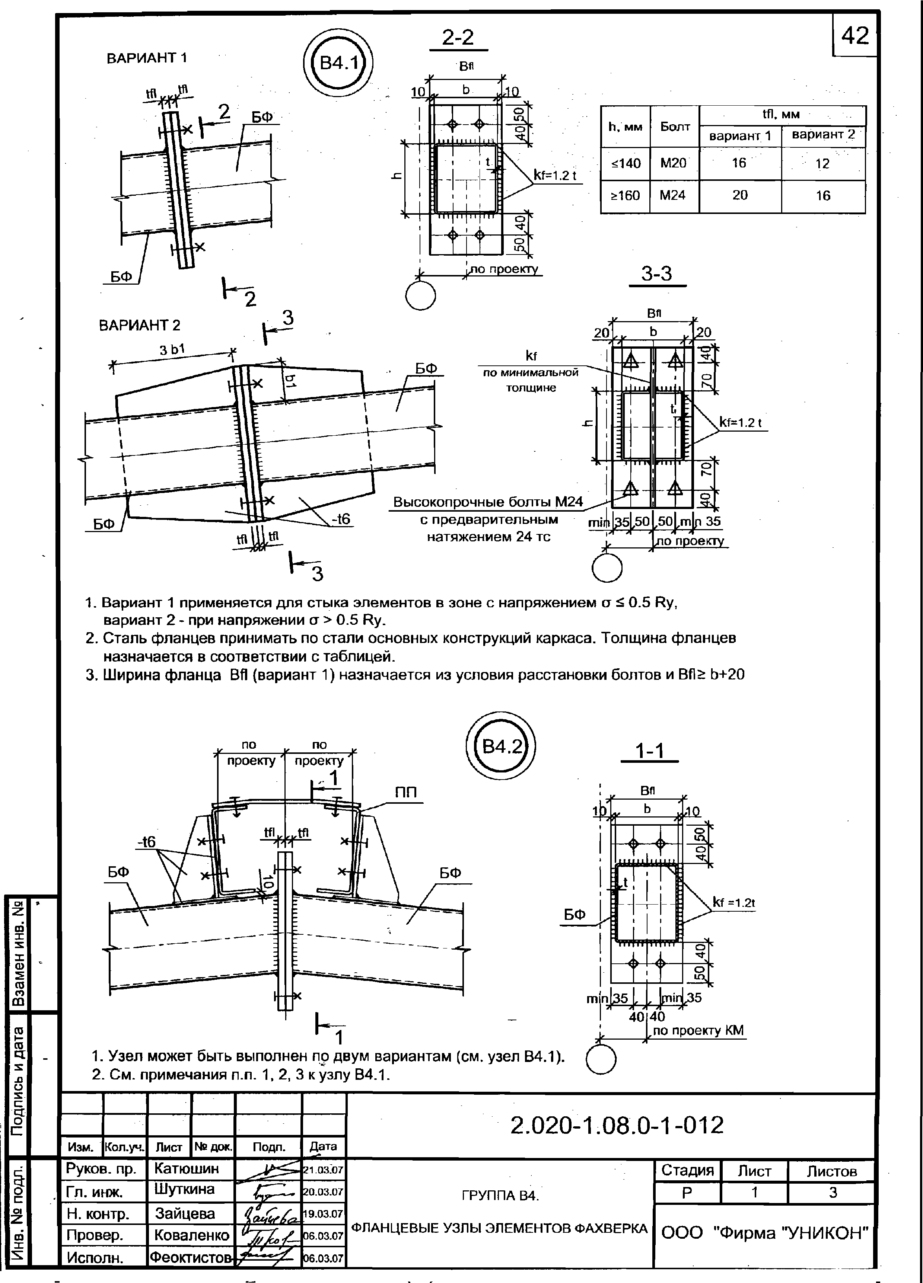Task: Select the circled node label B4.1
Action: click(339, 62)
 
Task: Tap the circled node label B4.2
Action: click(501, 747)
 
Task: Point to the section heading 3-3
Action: click(656, 274)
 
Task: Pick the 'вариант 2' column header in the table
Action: click(823, 135)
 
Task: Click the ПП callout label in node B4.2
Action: click(406, 793)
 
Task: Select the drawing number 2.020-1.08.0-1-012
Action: click(617, 1126)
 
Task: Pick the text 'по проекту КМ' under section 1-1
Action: click(698, 1031)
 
